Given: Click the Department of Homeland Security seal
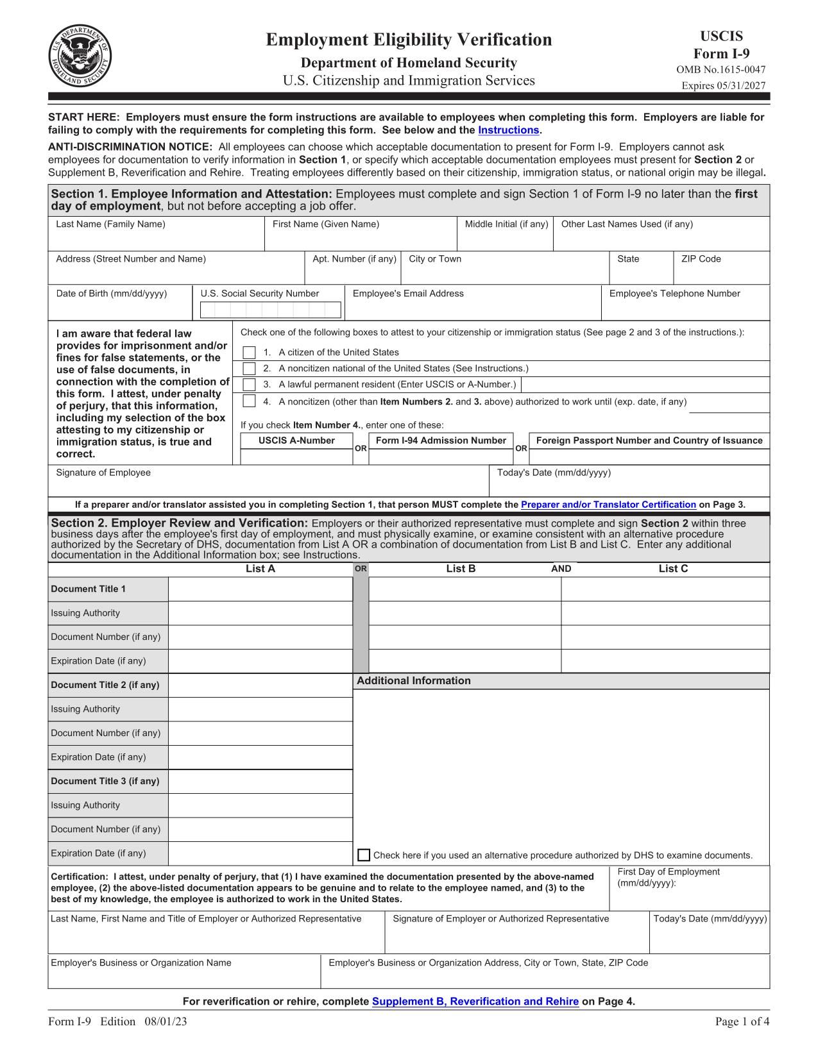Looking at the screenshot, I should pyautogui.click(x=79, y=56).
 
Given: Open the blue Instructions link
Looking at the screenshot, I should pyautogui.click(x=508, y=130).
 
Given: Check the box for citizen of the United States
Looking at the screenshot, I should pyautogui.click(x=250, y=353).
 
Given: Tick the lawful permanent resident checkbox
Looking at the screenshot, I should pyautogui.click(x=250, y=385).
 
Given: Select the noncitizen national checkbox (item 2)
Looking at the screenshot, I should pyautogui.click(x=250, y=369).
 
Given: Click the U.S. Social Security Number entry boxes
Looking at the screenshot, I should pyautogui.click(x=270, y=310).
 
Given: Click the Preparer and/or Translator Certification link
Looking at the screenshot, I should pyautogui.click(x=608, y=505).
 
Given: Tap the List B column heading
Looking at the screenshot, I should pyautogui.click(x=461, y=569).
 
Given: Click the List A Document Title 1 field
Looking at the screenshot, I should pyautogui.click(x=260, y=589).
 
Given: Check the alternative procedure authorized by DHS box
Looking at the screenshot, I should pyautogui.click(x=364, y=855).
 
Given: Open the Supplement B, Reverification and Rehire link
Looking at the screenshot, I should pyautogui.click(x=475, y=1002).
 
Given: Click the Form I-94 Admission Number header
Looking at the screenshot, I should pyautogui.click(x=441, y=441).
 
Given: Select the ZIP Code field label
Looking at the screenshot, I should pyautogui.click(x=701, y=259).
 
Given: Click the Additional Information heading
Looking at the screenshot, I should pyautogui.click(x=413, y=681).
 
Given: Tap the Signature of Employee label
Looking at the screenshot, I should pyautogui.click(x=103, y=473).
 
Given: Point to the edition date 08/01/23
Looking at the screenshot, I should pyautogui.click(x=166, y=1022).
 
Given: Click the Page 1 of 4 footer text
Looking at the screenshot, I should pyautogui.click(x=742, y=1022).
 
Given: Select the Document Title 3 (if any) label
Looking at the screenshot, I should pyautogui.click(x=105, y=781).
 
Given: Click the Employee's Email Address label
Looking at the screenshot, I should pyautogui.click(x=408, y=294).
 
